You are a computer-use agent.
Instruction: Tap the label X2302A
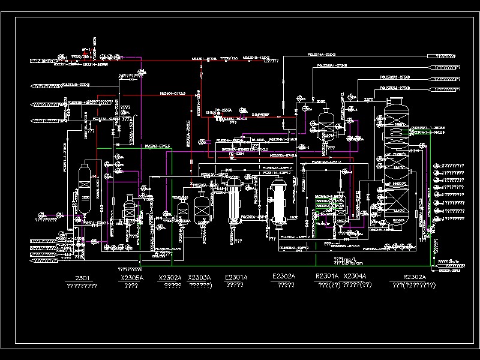pos(170,278)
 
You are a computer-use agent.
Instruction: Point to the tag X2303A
pos(199,277)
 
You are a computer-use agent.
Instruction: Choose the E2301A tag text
pos(235,277)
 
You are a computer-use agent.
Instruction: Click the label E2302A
pos(284,277)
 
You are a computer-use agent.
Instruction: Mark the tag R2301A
pos(327,277)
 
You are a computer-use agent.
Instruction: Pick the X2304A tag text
pos(355,277)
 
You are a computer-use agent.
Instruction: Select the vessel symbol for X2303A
pos(201,207)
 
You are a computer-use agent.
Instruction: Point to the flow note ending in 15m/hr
pos(451,262)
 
